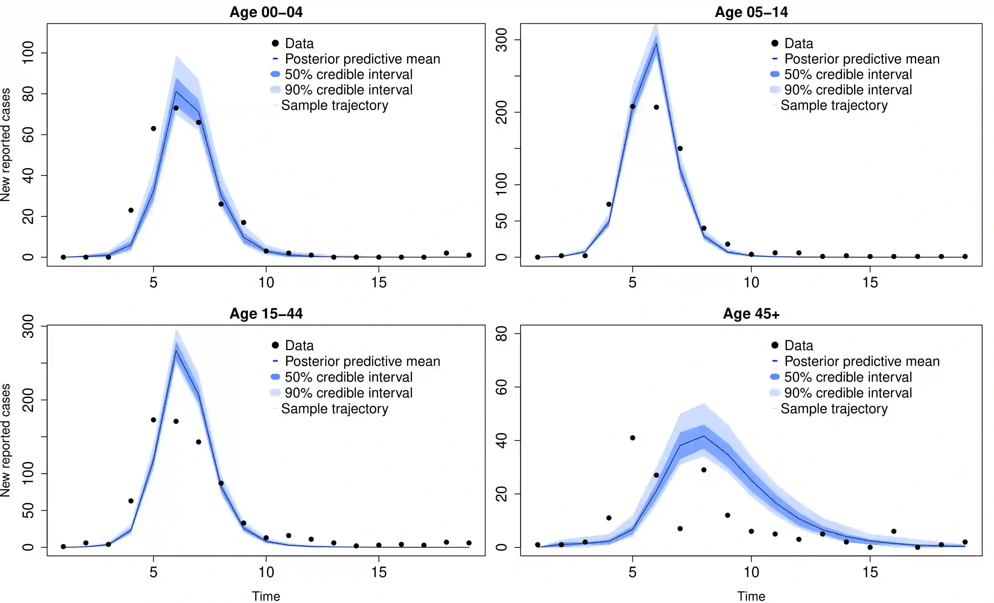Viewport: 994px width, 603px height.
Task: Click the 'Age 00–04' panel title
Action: click(266, 12)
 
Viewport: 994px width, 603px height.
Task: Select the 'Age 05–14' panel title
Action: click(751, 12)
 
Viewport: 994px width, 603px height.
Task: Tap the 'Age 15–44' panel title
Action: click(266, 314)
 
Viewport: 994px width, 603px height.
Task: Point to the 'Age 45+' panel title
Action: click(751, 314)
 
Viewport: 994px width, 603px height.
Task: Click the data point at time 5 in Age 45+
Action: click(633, 438)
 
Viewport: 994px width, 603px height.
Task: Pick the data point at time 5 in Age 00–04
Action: click(153, 128)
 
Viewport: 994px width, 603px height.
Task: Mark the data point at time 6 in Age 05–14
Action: click(656, 107)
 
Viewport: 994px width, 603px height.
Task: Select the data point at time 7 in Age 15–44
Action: click(198, 442)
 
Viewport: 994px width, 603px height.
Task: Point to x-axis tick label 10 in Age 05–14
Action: click(751, 282)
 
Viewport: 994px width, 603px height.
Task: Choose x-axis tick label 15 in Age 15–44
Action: click(379, 572)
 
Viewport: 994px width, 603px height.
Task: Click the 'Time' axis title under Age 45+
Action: click(751, 596)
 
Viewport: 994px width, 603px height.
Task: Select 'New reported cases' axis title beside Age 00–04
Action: click(6, 145)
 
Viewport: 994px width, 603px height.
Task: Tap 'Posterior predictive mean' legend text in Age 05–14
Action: click(862, 59)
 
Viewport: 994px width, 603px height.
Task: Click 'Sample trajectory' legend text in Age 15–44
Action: click(334, 409)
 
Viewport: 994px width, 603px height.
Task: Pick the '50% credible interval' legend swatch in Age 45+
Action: click(775, 377)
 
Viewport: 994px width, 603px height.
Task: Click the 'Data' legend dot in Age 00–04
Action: click(275, 43)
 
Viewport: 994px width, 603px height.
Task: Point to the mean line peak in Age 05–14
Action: click(656, 44)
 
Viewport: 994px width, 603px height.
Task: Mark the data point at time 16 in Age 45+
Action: click(894, 531)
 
